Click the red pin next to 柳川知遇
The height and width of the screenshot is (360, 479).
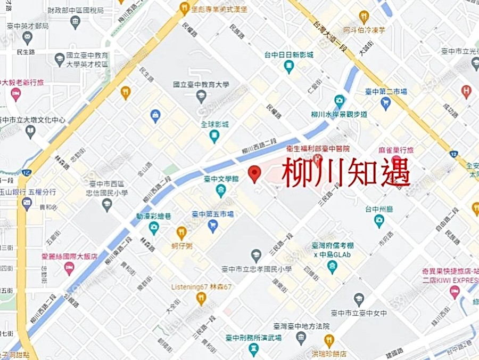click(x=255, y=174)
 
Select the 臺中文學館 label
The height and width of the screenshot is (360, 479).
click(x=221, y=180)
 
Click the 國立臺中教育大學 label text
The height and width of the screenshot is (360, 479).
click(x=201, y=84)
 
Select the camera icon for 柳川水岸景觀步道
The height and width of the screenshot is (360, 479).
click(x=339, y=100)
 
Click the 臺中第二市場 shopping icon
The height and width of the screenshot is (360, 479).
click(x=386, y=103)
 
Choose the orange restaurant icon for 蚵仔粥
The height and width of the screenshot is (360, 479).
click(x=181, y=232)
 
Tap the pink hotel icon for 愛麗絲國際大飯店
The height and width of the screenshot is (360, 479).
click(x=69, y=268)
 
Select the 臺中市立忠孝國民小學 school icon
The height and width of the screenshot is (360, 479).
click(x=256, y=256)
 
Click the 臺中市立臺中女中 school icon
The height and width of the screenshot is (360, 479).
click(x=359, y=299)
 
